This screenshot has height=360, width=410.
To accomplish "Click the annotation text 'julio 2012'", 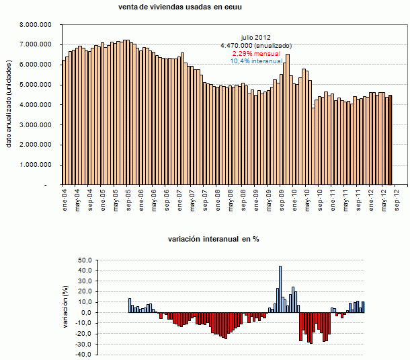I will coord(255,37).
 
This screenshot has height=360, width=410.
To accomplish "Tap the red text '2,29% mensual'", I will coord(255,52).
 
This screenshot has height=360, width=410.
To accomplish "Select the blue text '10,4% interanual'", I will coord(256,61).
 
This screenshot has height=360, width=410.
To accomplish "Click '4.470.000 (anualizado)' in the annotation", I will coord(255,45).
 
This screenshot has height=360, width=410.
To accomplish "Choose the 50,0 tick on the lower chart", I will coord(86,260).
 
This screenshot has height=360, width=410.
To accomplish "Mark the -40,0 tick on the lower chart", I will coord(85,355).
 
